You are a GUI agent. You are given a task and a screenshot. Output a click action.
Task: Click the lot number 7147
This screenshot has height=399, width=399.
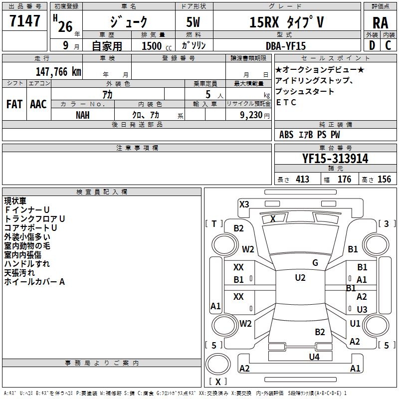24,21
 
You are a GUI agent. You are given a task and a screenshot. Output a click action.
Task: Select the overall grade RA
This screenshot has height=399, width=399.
380,23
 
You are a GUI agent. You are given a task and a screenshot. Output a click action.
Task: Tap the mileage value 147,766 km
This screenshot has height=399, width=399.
58,71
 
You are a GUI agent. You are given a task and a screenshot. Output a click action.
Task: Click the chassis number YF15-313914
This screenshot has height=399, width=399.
335,159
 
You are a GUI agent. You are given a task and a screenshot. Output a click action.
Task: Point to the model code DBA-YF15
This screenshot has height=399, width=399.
286,45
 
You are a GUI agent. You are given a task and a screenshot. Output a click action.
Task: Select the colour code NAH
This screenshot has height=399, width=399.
83,115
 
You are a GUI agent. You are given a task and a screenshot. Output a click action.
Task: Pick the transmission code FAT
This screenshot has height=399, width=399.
14,104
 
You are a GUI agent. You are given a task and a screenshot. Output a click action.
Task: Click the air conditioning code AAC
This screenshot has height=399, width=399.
38,104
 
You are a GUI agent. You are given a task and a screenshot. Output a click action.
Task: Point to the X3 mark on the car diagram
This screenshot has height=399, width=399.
244,204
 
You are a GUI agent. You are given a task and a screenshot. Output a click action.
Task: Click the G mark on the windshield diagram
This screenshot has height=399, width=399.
315,263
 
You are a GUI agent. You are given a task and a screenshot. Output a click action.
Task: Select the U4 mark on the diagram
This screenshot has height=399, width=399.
314,357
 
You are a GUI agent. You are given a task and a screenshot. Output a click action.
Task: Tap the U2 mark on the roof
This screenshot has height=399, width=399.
300,278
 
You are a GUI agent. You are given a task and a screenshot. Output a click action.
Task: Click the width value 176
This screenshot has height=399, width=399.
344,180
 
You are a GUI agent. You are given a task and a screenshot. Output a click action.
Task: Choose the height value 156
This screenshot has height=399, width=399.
384,180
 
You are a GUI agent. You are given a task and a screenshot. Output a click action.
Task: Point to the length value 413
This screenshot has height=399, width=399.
302,180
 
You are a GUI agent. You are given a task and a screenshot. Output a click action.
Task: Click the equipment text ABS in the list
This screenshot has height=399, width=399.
286,135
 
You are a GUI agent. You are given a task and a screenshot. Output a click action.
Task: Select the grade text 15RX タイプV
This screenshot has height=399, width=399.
286,23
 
